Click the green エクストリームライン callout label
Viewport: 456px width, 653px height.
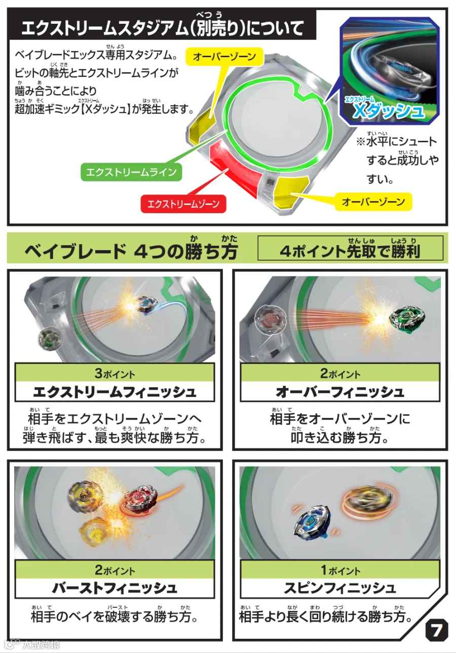(x=131, y=172)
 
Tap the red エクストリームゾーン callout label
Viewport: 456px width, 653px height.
(x=183, y=204)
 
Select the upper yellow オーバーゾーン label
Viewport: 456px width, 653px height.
(x=224, y=56)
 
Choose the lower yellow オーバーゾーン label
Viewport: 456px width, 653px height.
(x=373, y=201)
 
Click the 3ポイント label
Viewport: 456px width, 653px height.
(x=115, y=374)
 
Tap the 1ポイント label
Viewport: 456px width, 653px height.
(x=340, y=570)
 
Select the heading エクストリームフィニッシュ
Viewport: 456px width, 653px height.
(x=115, y=392)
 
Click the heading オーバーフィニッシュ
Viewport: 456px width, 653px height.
(x=340, y=392)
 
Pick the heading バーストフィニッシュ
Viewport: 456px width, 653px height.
(x=115, y=588)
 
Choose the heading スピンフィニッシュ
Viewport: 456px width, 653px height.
(x=340, y=588)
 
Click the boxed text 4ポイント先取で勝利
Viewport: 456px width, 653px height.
(x=350, y=251)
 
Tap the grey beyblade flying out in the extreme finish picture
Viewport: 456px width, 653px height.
(x=50, y=338)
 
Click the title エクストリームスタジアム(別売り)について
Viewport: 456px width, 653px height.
(x=163, y=28)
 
